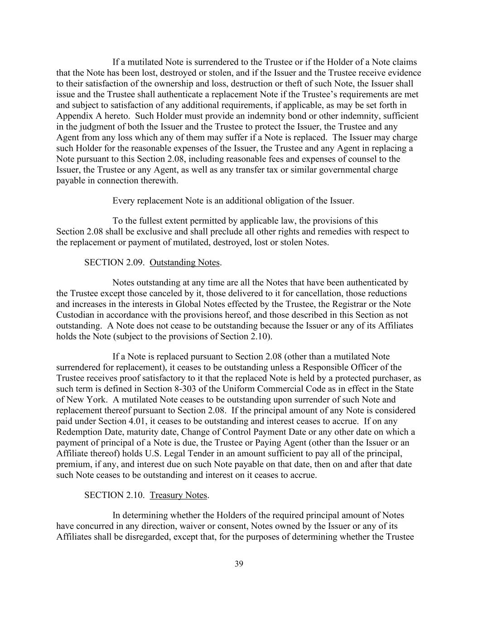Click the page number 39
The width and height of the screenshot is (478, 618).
[239, 564]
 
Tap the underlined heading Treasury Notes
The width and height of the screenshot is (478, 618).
[179, 495]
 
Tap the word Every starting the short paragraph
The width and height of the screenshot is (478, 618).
[124, 201]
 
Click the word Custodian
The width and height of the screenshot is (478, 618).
[76, 315]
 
